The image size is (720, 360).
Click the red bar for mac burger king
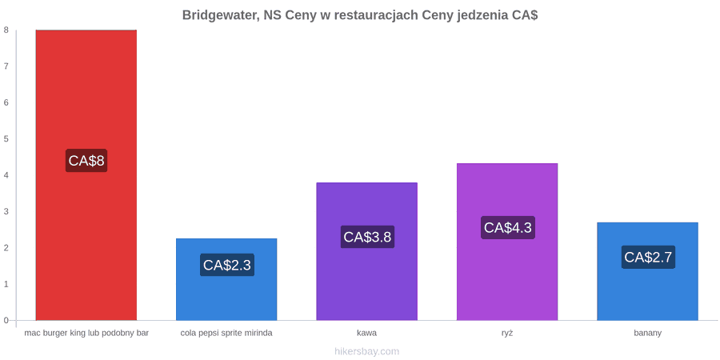(x=86, y=175)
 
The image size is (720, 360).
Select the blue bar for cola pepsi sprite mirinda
(x=226, y=279)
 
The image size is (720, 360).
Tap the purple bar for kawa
(x=367, y=251)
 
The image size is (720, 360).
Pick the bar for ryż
(x=507, y=242)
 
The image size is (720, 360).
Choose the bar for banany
(x=647, y=271)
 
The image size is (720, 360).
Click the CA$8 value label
(x=86, y=161)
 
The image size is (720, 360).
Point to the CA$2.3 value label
(x=227, y=265)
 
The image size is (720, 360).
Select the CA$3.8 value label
(x=367, y=237)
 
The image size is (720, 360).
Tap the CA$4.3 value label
(x=508, y=227)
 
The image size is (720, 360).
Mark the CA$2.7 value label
(x=648, y=257)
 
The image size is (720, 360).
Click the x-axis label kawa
(x=367, y=333)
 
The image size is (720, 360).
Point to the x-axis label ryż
(x=507, y=334)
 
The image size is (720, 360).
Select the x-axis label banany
(x=647, y=334)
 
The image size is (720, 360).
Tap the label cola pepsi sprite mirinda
(x=226, y=334)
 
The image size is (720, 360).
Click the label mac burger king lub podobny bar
(x=86, y=334)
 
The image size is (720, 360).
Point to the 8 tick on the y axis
(x=6, y=30)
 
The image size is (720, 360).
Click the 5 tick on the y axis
(x=6, y=138)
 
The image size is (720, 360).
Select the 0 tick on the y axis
(x=6, y=320)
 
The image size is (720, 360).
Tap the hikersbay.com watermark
(x=367, y=351)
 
